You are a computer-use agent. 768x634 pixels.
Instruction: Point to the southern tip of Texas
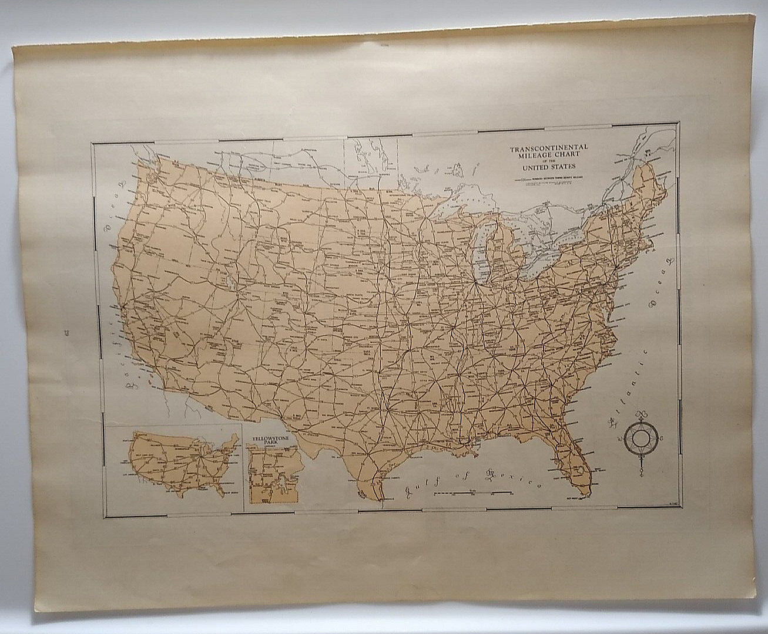(x=371, y=494)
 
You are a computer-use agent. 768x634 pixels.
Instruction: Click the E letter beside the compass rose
(x=663, y=439)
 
